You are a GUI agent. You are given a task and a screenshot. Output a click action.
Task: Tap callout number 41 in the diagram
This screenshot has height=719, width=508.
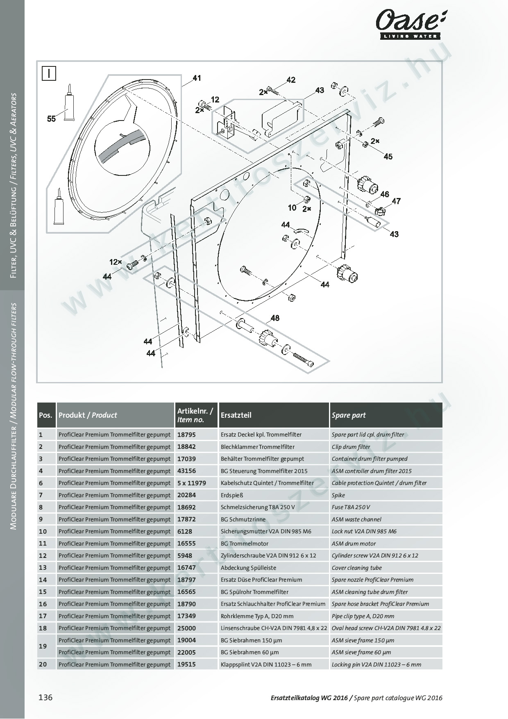pos(197,78)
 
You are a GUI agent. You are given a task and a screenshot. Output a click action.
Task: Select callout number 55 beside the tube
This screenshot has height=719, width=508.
pos(51,119)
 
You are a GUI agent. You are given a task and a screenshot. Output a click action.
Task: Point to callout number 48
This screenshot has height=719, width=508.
pos(275,318)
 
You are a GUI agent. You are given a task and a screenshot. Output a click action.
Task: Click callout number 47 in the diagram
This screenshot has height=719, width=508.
pos(396,201)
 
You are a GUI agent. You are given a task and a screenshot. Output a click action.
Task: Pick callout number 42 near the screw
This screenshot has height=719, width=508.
pos(291,80)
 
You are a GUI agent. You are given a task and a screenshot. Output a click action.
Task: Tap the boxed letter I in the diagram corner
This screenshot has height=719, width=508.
pos(49,74)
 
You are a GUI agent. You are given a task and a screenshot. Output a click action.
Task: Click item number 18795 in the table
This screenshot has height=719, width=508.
pos(186,435)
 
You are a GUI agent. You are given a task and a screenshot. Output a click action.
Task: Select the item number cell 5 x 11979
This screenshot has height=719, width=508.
pos(191,483)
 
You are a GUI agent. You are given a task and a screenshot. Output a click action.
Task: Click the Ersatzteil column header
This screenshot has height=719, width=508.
pos(236,415)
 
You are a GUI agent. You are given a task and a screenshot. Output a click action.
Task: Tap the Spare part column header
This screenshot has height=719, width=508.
pos(349,415)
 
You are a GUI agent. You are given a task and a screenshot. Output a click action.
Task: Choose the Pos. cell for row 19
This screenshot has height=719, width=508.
pos(43,646)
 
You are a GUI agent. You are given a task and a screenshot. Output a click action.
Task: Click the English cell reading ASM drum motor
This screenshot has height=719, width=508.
pos(354,544)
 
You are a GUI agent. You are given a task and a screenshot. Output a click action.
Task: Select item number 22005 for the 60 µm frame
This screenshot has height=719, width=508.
pos(186,652)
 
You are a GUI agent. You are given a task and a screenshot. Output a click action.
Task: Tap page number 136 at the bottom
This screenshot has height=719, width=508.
pos(45,697)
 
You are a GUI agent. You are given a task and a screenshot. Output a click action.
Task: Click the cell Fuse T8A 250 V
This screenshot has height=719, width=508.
pos(351,507)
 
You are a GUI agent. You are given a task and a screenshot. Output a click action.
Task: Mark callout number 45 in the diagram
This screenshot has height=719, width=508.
pos(388,156)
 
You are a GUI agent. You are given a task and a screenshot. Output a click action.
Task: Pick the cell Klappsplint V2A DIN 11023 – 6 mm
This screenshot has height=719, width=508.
pos(266,664)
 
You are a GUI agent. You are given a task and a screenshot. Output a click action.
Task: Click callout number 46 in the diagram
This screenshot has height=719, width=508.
pos(384,194)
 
